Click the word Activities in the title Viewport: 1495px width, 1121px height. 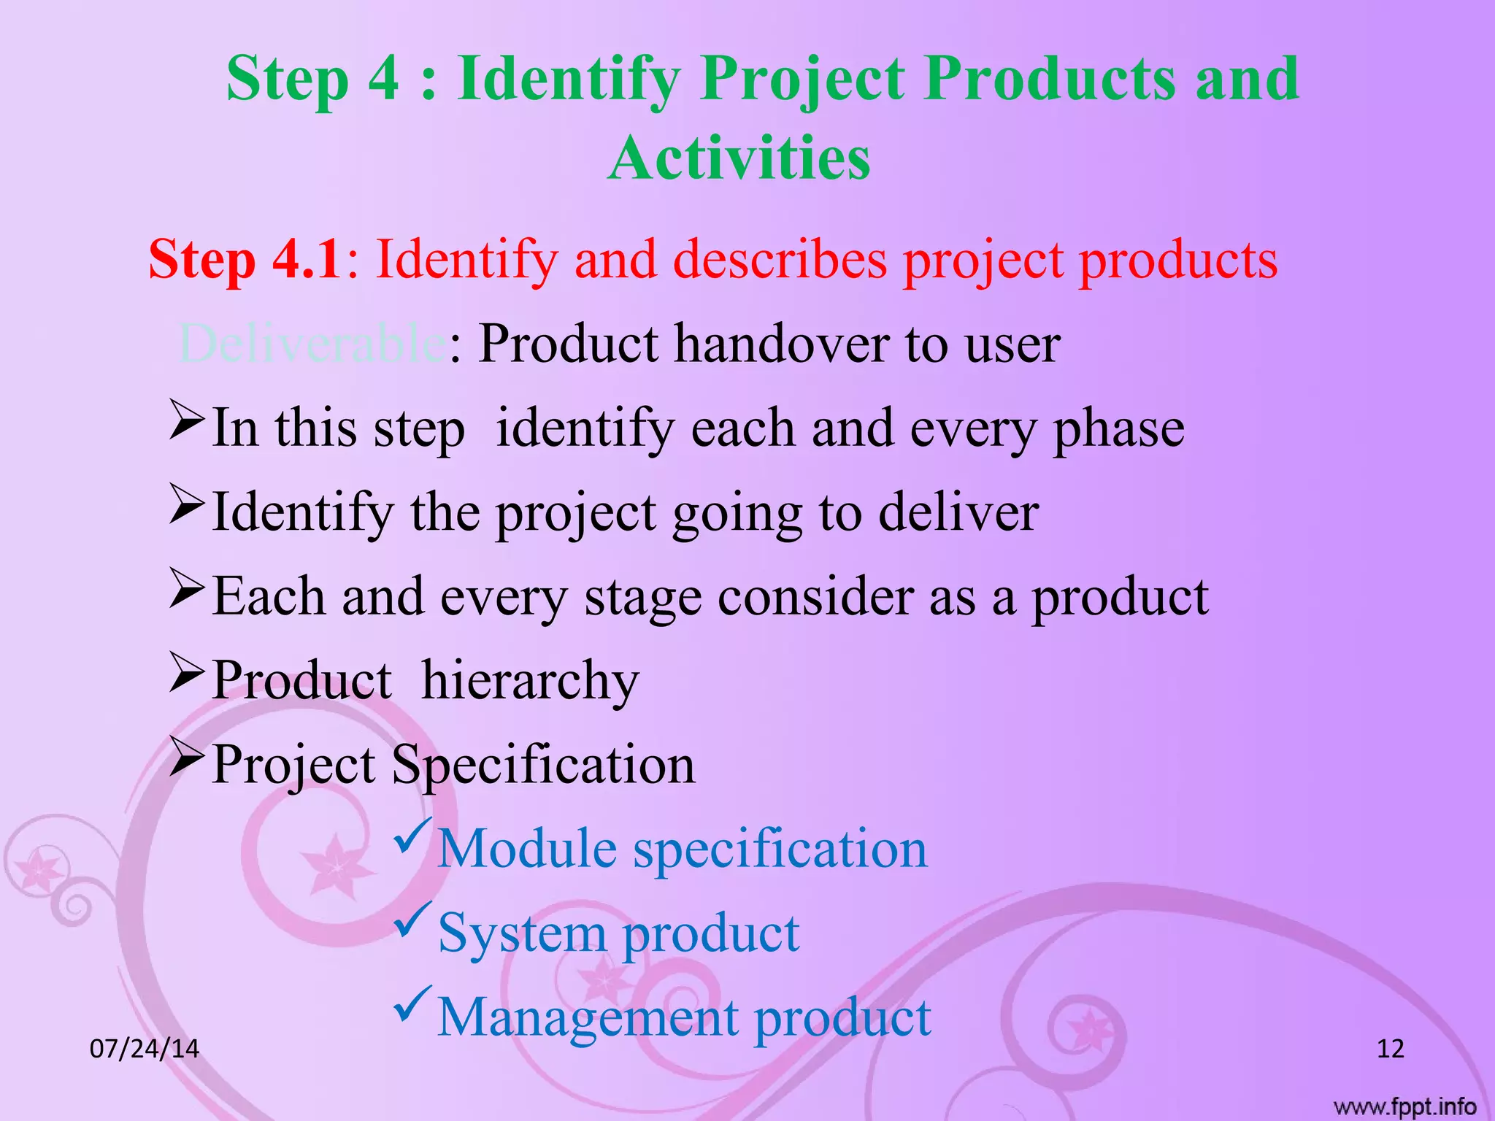pyautogui.click(x=739, y=158)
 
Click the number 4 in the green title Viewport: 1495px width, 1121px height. pyautogui.click(x=383, y=78)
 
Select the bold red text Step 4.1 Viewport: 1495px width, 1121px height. pyautogui.click(x=245, y=259)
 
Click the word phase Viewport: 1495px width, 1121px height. pyautogui.click(x=1118, y=429)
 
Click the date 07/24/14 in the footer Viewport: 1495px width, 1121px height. pyautogui.click(x=144, y=1049)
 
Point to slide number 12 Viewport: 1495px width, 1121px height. pyautogui.click(x=1390, y=1049)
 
